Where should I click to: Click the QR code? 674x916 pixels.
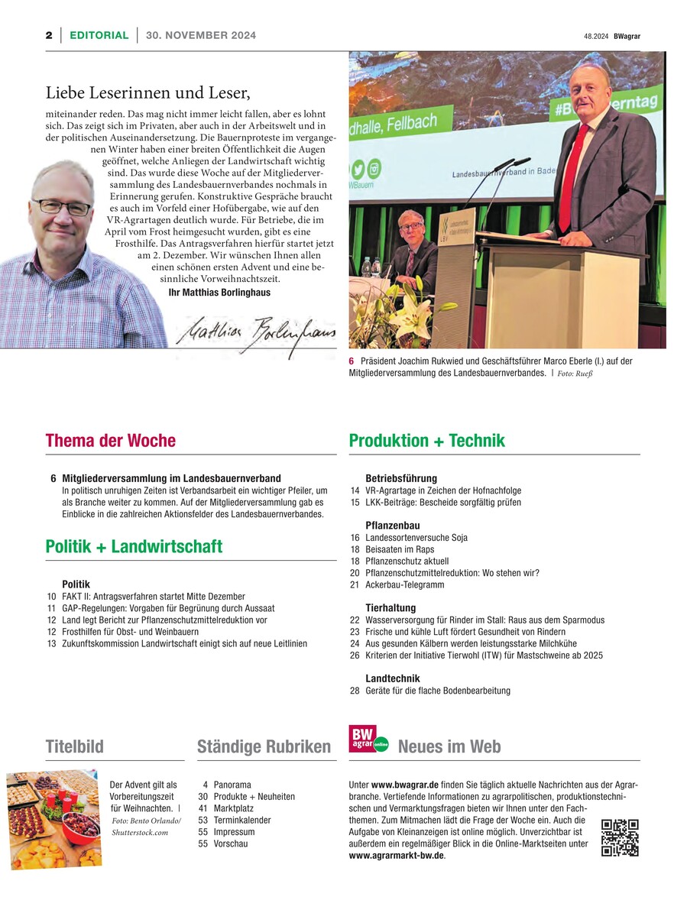[x=620, y=837]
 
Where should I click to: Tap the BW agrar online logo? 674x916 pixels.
[x=368, y=739]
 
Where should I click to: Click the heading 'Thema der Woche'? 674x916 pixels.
[x=111, y=441]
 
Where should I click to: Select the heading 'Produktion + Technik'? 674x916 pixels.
[x=426, y=441]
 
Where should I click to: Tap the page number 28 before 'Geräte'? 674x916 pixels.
[x=355, y=691]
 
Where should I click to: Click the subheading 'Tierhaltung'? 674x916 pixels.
[x=393, y=608]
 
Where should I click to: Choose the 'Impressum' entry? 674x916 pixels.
[x=235, y=832]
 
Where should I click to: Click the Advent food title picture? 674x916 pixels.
[x=53, y=819]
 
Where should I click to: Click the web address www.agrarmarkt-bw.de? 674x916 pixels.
[x=396, y=856]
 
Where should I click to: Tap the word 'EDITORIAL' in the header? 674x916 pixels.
[x=99, y=35]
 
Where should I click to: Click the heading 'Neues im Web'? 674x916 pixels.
[x=449, y=746]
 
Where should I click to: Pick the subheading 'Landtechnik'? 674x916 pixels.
[x=393, y=678]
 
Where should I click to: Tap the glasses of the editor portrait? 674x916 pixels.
[x=61, y=207]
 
